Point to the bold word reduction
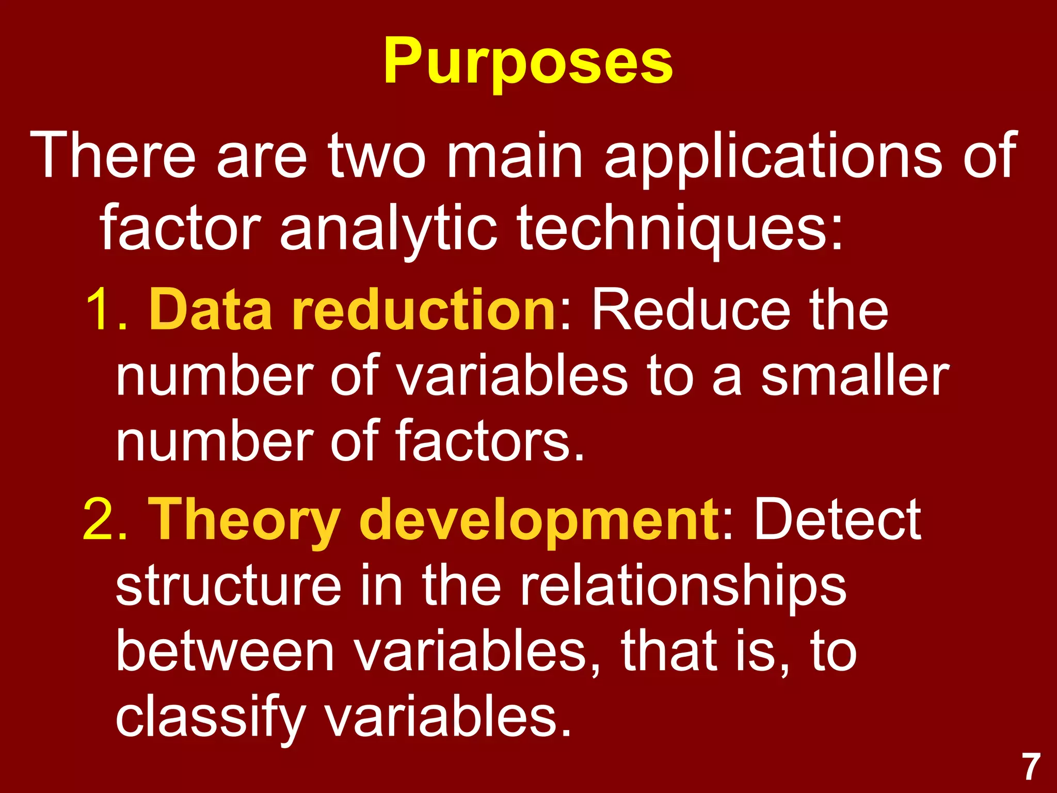(x=423, y=310)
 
